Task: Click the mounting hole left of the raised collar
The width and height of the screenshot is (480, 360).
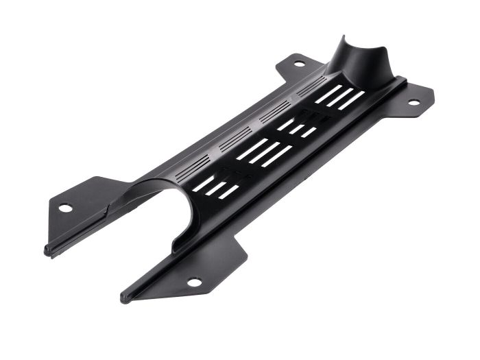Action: click(299, 64)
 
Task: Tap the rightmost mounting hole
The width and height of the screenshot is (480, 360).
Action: click(413, 103)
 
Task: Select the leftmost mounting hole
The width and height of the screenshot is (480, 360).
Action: click(64, 208)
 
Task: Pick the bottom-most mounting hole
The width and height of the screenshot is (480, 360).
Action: click(194, 282)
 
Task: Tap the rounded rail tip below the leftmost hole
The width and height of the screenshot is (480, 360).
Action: click(47, 251)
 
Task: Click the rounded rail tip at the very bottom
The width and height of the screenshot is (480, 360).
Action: click(124, 298)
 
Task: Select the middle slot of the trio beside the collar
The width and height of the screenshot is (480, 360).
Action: click(336, 97)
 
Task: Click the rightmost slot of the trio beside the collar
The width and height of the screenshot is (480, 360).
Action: click(350, 100)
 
